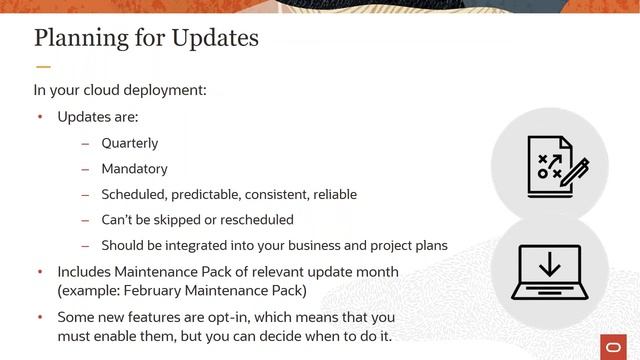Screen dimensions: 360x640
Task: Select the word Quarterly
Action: [129, 143]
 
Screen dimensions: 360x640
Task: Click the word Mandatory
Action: [134, 169]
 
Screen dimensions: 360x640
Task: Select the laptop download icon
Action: [546, 271]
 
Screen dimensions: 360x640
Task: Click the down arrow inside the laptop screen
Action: [546, 266]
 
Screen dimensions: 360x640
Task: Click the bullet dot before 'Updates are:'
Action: [40, 117]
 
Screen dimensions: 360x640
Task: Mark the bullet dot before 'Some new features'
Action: [40, 316]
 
